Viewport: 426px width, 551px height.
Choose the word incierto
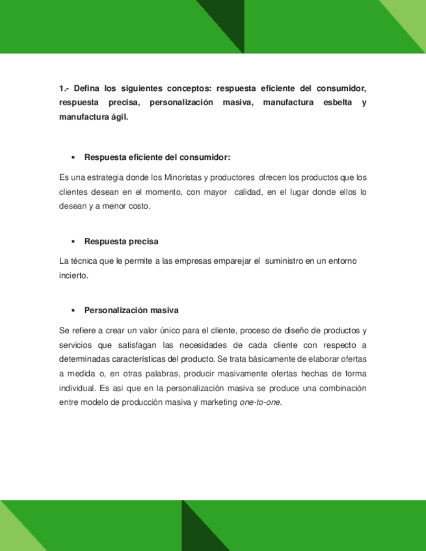pos(72,275)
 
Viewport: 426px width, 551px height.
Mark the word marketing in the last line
pos(220,402)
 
